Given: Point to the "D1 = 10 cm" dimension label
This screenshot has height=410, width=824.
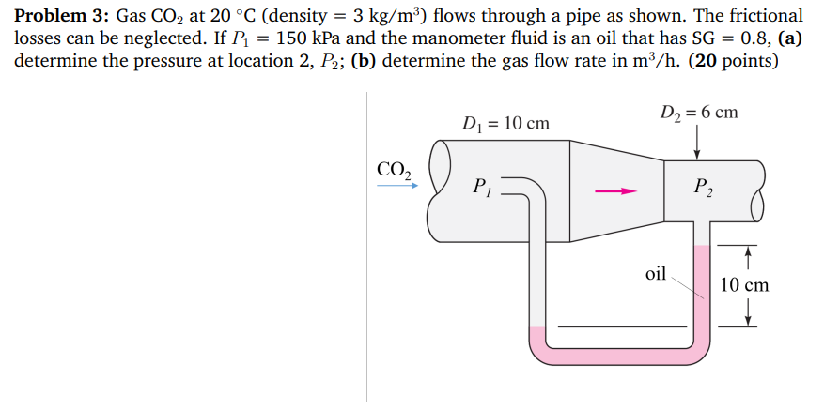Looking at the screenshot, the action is tap(506, 123).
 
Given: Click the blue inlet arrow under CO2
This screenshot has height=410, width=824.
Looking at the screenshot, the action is tap(396, 187).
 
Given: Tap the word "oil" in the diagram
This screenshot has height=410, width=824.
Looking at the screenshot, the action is tap(656, 274).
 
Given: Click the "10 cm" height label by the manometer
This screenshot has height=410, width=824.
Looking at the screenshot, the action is tap(745, 284).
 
